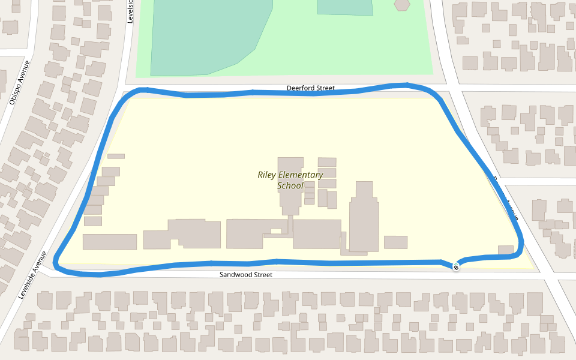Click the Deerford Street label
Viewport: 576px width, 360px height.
tap(310, 88)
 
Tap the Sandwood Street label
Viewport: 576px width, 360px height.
tap(245, 275)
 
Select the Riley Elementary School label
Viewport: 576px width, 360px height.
tap(290, 180)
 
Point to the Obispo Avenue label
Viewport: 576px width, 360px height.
tap(19, 82)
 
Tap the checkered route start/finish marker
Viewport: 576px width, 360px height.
tap(456, 266)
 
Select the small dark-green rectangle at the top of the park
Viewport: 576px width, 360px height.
tap(344, 7)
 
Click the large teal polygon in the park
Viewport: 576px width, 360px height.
tap(204, 36)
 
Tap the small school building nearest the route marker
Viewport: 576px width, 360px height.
tap(506, 250)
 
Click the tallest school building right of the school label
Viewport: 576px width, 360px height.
tap(364, 216)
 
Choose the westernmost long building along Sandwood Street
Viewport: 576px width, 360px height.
tap(110, 242)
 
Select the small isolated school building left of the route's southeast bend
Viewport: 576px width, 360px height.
tap(395, 242)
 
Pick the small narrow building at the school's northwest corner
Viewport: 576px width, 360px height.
tap(116, 156)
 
